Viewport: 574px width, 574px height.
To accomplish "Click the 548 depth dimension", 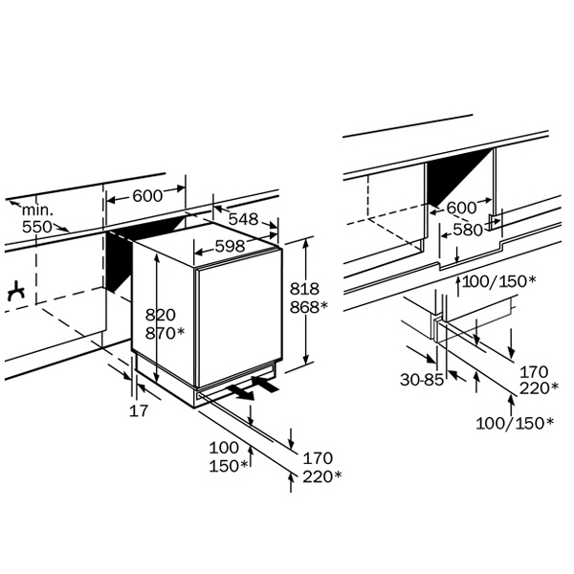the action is pyautogui.click(x=243, y=219).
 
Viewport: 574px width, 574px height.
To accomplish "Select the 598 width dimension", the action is pyautogui.click(x=230, y=246).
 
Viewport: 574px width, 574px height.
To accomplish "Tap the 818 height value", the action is pyautogui.click(x=304, y=289).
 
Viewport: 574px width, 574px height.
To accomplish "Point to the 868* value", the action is pyautogui.click(x=309, y=307).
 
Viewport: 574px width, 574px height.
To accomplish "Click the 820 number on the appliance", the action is pyautogui.click(x=161, y=315).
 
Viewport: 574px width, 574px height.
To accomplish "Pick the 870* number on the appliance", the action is pyautogui.click(x=165, y=333).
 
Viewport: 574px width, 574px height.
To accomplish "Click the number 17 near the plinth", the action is pyautogui.click(x=139, y=410).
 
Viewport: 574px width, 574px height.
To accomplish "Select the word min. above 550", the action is pyautogui.click(x=37, y=210).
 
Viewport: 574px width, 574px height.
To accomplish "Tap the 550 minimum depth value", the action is pyautogui.click(x=37, y=227).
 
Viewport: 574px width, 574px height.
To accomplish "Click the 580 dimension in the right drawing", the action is pyautogui.click(x=468, y=230).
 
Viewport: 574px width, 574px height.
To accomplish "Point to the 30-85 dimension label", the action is pyautogui.click(x=422, y=380).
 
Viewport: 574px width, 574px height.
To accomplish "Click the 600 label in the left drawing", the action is pyautogui.click(x=147, y=196).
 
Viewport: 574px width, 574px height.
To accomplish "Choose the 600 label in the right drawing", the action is pyautogui.click(x=462, y=208).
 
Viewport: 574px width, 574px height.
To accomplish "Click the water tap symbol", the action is pyautogui.click(x=16, y=292).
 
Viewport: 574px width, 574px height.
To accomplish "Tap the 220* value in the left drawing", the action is pyautogui.click(x=322, y=476).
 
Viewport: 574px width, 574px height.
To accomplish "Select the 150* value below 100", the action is pyautogui.click(x=229, y=466).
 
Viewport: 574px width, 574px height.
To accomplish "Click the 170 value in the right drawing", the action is pyautogui.click(x=534, y=372).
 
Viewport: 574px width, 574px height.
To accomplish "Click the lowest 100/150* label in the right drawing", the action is pyautogui.click(x=515, y=423).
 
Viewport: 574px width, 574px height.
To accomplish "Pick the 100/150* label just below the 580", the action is pyautogui.click(x=499, y=281).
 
